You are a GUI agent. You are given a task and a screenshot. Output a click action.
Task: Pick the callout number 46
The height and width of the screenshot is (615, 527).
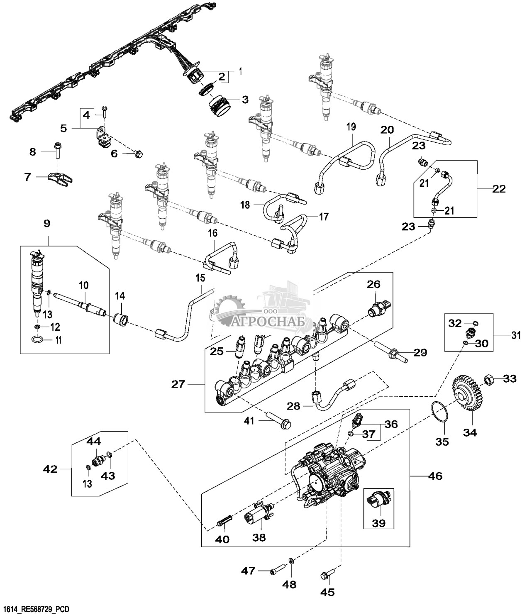434,476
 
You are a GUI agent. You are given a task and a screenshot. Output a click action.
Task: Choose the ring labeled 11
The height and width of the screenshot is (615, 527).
38,341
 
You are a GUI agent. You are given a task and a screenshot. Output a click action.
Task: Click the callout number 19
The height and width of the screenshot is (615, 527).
351,127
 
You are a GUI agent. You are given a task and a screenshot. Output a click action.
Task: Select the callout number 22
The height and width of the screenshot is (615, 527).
499,189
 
